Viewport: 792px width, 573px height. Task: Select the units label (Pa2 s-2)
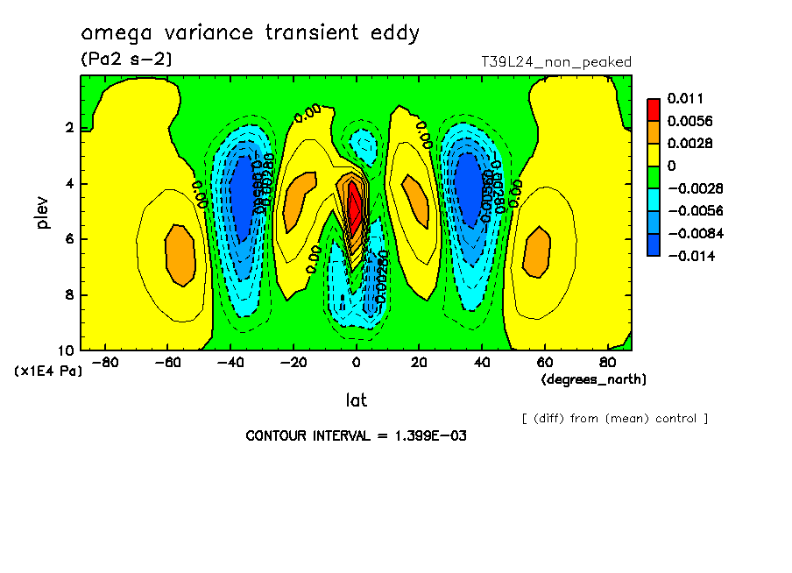tap(126, 60)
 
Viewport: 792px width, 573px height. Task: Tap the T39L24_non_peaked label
tap(556, 62)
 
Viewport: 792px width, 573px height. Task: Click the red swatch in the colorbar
tap(654, 109)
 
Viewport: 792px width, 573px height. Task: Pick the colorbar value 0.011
tap(686, 98)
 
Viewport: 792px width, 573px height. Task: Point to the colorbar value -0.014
tap(691, 256)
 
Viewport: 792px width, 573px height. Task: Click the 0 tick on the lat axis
tap(356, 362)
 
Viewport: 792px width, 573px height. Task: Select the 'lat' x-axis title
tap(356, 400)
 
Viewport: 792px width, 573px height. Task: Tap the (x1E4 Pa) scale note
tap(47, 371)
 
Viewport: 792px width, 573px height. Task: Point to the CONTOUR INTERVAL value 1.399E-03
tap(429, 435)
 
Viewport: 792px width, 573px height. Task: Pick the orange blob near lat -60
tap(180, 254)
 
